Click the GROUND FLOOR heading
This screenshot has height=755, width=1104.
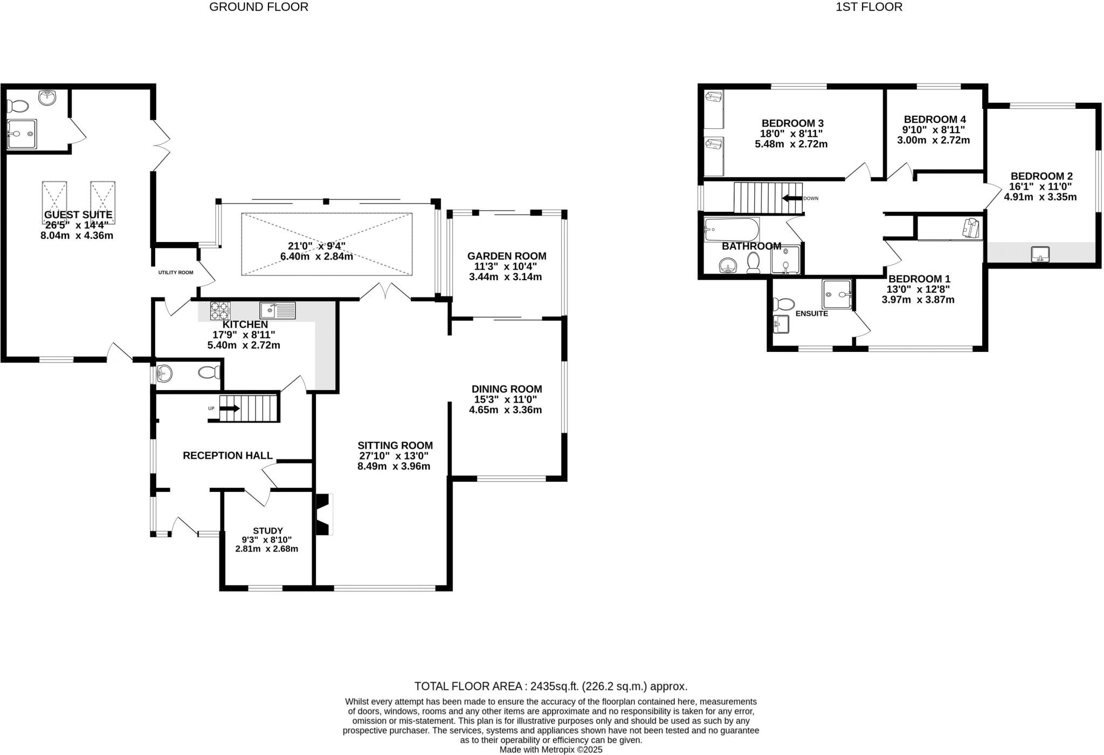coord(259,7)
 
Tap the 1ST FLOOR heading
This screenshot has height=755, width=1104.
coord(869,7)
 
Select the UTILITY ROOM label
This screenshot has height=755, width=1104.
coord(176,273)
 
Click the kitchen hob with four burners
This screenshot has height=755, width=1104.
coord(220,311)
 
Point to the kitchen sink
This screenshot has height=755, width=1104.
coord(278,310)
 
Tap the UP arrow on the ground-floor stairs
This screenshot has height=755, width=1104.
coord(229,408)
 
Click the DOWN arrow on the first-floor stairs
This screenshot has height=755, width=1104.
coord(792,198)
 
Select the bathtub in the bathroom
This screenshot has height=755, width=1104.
coord(732,230)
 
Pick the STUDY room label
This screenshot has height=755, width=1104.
coord(268,531)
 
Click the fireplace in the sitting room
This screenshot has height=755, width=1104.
coord(323,514)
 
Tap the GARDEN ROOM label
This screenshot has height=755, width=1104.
coord(507,256)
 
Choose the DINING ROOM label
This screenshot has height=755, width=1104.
coord(507,389)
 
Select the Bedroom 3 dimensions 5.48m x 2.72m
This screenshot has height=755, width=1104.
coord(791,144)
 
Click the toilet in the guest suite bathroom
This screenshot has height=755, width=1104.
coord(17,106)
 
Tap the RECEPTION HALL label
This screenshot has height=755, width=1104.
coord(227,455)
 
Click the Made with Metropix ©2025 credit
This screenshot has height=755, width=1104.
coord(551,750)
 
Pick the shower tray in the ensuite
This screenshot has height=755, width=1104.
coord(837,294)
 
